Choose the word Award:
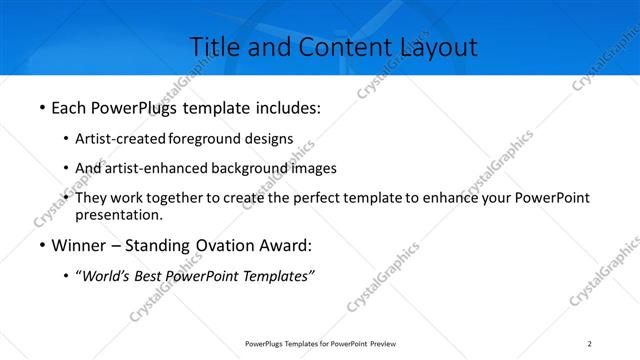283,245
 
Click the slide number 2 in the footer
590,344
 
